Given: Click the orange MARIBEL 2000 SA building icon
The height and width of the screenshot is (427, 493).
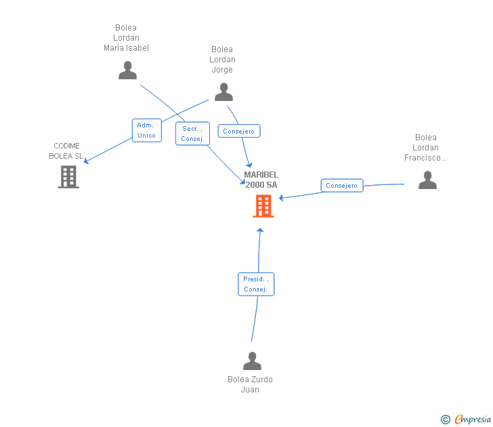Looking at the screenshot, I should pyautogui.click(x=263, y=206).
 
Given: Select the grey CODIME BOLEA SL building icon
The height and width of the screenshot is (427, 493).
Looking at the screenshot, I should pyautogui.click(x=68, y=177).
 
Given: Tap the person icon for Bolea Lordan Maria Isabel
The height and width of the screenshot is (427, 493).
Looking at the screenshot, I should pyautogui.click(x=127, y=70).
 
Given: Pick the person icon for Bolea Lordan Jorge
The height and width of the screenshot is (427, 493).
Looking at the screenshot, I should pyautogui.click(x=223, y=91).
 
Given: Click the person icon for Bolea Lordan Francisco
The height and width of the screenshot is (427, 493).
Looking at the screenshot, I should pyautogui.click(x=427, y=180).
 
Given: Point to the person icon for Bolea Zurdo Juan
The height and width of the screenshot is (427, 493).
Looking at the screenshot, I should pyautogui.click(x=252, y=361).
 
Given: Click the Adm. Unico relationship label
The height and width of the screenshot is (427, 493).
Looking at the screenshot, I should pyautogui.click(x=146, y=130).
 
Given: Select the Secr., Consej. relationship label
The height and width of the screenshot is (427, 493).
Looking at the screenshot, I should pyautogui.click(x=192, y=134).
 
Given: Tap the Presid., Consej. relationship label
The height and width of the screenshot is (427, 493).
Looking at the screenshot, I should pyautogui.click(x=256, y=284).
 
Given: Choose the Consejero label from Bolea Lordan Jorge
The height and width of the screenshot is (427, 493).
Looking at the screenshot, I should pyautogui.click(x=239, y=131).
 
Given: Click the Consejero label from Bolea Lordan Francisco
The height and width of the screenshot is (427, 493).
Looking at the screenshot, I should pyautogui.click(x=341, y=186).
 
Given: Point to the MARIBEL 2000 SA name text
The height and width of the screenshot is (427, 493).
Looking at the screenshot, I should pyautogui.click(x=261, y=180).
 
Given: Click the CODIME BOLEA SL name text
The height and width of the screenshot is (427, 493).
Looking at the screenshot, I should pyautogui.click(x=66, y=150).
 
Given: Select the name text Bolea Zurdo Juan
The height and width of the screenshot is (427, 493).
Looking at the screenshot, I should pyautogui.click(x=250, y=384).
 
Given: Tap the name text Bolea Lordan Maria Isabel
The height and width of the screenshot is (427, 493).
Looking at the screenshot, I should pyautogui.click(x=126, y=38).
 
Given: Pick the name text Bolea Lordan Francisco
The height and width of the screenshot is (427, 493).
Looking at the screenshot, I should pyautogui.click(x=426, y=148).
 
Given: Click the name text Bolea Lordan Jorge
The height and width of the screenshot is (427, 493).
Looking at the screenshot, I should pyautogui.click(x=222, y=59).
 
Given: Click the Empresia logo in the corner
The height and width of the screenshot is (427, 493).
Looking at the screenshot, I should pyautogui.click(x=472, y=420).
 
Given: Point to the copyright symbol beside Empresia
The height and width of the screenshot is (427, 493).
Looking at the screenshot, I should pyautogui.click(x=445, y=420).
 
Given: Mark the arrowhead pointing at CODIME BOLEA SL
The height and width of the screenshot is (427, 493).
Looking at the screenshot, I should pyautogui.click(x=86, y=161).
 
